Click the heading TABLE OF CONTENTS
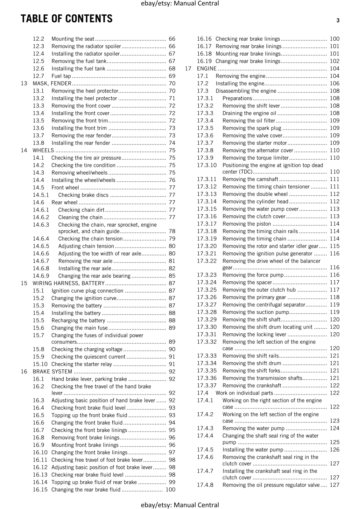67,19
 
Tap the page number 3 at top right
338,21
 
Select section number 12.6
39,69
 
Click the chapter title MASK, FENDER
52,83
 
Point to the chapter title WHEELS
43,150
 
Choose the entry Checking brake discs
83,195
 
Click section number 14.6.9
41,276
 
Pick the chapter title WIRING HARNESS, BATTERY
68,283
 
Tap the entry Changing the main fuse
80,328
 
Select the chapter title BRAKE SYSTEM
53,372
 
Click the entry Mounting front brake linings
85,445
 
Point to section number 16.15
40,490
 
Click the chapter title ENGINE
207,69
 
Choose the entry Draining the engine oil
249,113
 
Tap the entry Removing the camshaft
250,179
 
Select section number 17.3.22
207,261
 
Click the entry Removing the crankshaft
252,386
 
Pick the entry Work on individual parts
244,393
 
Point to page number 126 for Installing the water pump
335,450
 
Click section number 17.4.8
205,485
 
